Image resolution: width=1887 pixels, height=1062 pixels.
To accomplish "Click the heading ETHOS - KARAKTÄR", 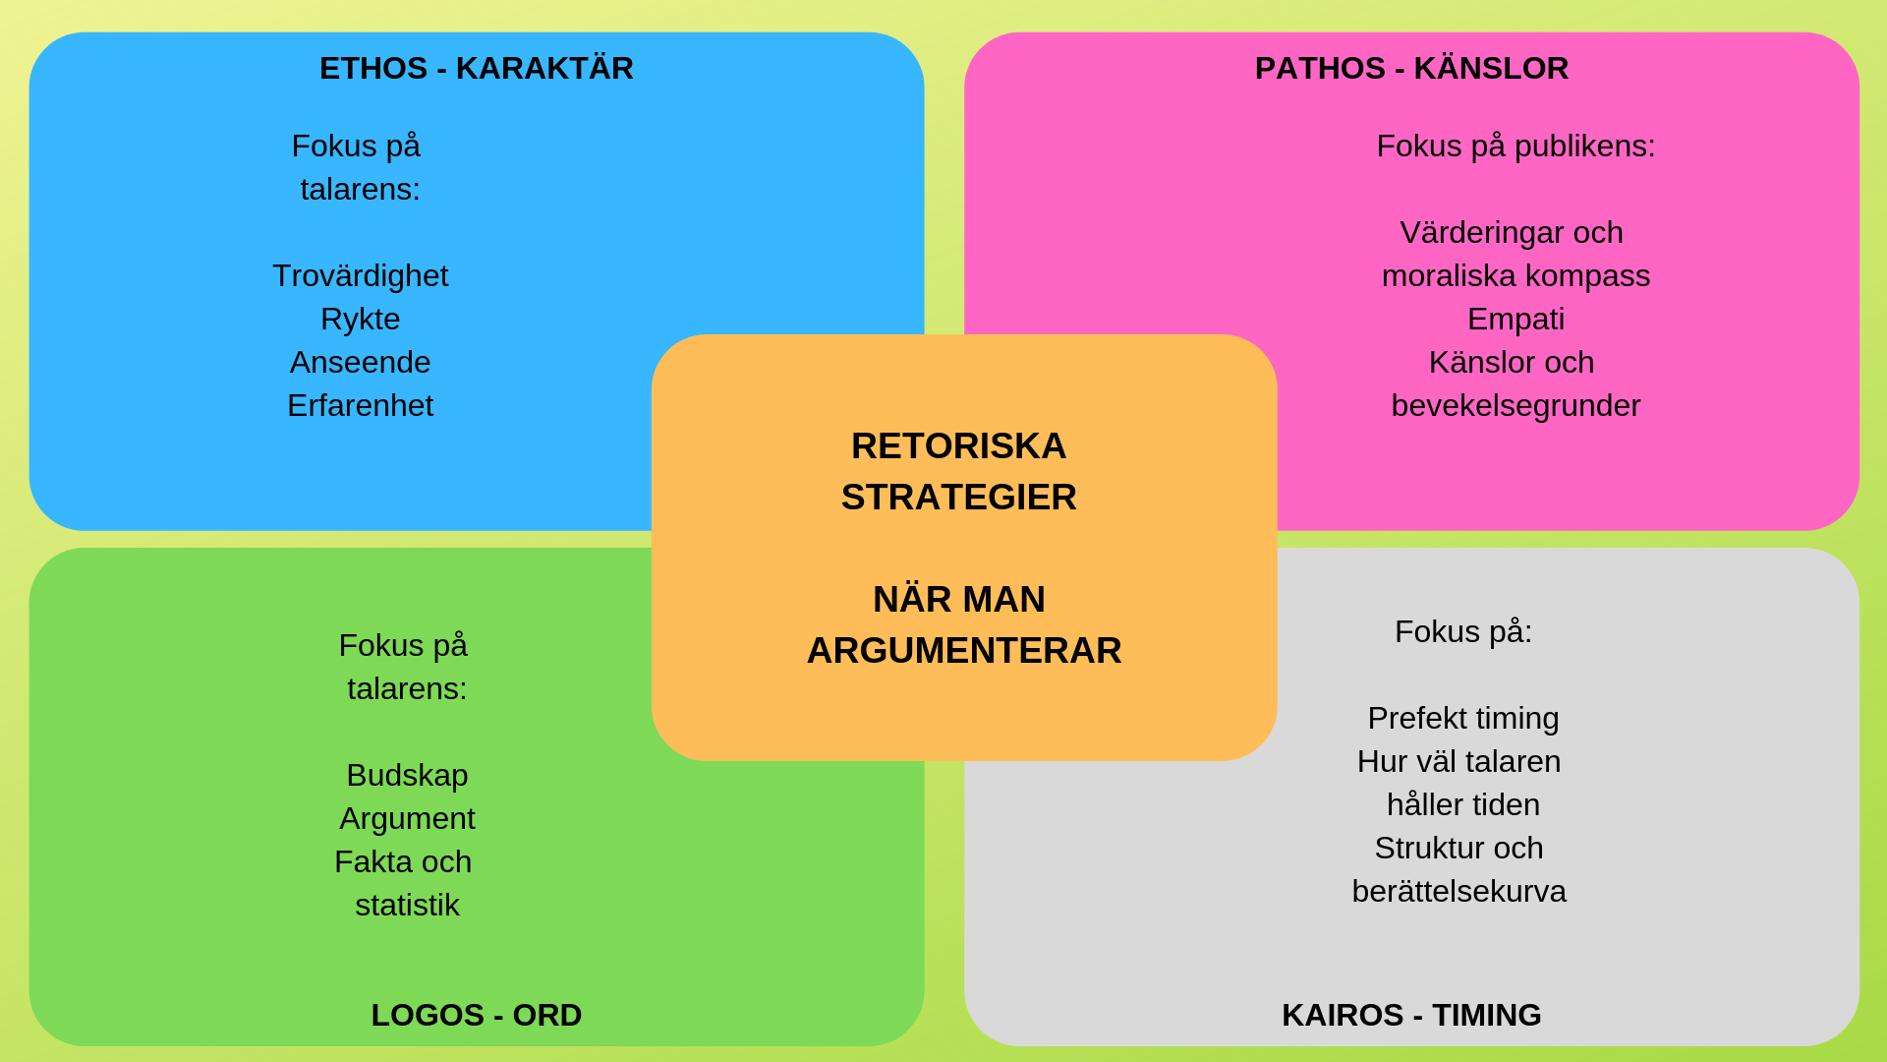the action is (x=477, y=69).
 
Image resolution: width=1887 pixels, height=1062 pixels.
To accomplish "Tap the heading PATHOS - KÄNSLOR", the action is (x=1411, y=69).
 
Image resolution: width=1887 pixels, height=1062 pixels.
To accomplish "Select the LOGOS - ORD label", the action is (x=477, y=1015).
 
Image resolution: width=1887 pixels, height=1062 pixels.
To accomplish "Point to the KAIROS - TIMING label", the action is (x=1411, y=1015).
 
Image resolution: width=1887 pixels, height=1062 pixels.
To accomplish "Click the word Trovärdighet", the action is (x=360, y=276).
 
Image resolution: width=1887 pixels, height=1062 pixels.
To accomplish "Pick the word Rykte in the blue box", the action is (x=360, y=320).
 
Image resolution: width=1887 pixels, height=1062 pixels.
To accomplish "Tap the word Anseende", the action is (x=360, y=363).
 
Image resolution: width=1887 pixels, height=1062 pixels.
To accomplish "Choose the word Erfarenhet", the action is (x=360, y=406).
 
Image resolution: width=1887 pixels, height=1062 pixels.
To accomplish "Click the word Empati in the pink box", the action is (x=1515, y=320).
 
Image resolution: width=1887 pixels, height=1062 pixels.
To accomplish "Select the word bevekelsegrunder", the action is (x=1515, y=406).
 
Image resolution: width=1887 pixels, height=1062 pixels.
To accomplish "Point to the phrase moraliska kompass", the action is (x=1515, y=276).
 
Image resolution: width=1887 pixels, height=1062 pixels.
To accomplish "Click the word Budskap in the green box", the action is (x=407, y=776).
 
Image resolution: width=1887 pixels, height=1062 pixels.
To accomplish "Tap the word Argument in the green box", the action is (x=407, y=819).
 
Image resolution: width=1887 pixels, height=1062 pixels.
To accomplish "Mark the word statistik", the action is (x=407, y=906).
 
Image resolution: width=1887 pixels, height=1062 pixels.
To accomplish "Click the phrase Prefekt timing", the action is (x=1462, y=719).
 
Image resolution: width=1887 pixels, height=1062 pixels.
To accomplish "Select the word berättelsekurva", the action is (x=1458, y=892).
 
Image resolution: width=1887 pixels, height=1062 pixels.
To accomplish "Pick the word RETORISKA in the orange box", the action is (x=958, y=446).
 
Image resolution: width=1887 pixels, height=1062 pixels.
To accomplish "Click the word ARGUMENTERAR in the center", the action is (x=963, y=651).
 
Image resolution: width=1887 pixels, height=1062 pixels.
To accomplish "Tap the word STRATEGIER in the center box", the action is (x=958, y=498).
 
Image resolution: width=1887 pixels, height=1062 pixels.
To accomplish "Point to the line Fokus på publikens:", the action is (x=1515, y=147).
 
